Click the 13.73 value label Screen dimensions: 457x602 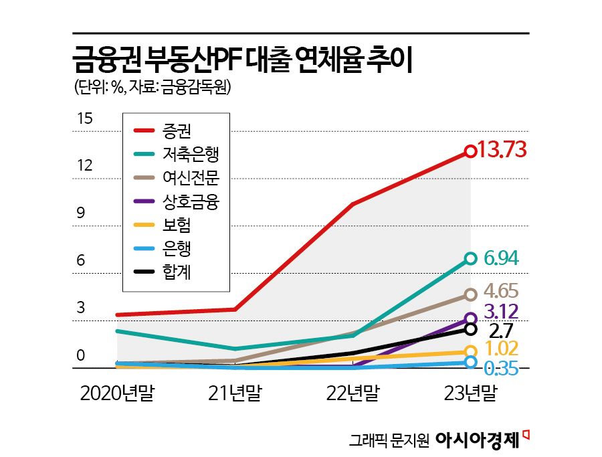[x=503, y=151]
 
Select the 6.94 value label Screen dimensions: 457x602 [x=501, y=258]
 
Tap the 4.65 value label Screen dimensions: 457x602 [x=501, y=292]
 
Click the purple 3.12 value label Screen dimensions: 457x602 [x=501, y=312]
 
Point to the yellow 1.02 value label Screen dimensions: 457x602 [x=501, y=349]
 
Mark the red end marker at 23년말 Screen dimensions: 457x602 [x=470, y=151]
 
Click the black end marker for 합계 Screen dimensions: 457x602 [x=470, y=329]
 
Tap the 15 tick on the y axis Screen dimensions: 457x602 [x=84, y=119]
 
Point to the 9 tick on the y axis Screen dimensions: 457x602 [x=81, y=213]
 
